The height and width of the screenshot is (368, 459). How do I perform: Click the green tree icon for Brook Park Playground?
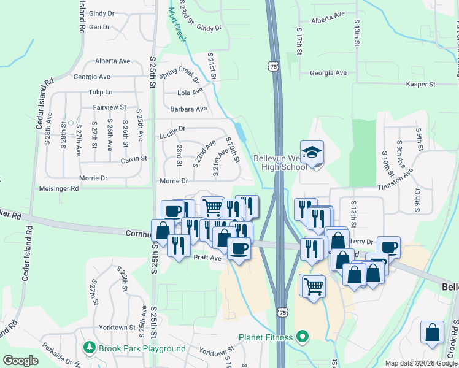[x=90, y=348]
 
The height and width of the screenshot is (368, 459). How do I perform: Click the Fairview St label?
[x=109, y=107]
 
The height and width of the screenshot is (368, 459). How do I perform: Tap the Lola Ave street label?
[x=190, y=93]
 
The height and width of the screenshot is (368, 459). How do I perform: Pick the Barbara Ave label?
[x=189, y=109]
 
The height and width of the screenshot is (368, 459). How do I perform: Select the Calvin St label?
[x=134, y=158]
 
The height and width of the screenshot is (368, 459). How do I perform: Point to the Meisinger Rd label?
[x=58, y=189]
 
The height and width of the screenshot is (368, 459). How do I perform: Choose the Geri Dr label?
[x=99, y=27]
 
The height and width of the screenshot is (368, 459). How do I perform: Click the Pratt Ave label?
[x=207, y=258]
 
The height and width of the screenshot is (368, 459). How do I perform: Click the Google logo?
[x=20, y=361]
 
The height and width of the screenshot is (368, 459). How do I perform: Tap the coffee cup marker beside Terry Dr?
[x=388, y=247]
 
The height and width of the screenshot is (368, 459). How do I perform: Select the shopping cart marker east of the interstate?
[x=313, y=285]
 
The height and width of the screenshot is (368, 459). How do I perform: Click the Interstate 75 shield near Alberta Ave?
[x=273, y=65]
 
